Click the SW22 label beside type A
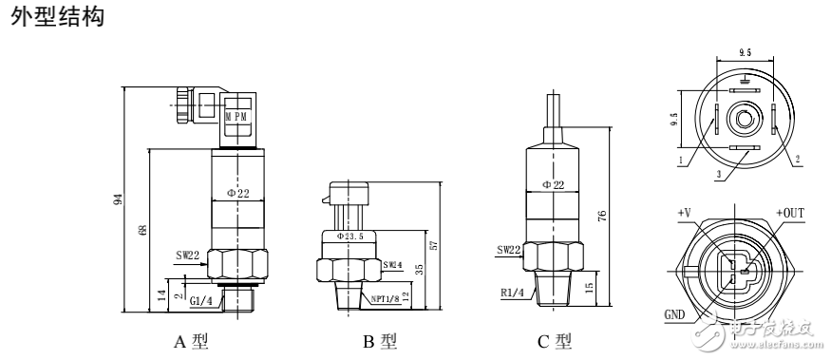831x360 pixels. pyautogui.click(x=187, y=256)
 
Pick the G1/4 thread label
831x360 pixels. pyautogui.click(x=200, y=301)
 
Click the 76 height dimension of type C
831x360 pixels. pyautogui.click(x=602, y=217)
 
